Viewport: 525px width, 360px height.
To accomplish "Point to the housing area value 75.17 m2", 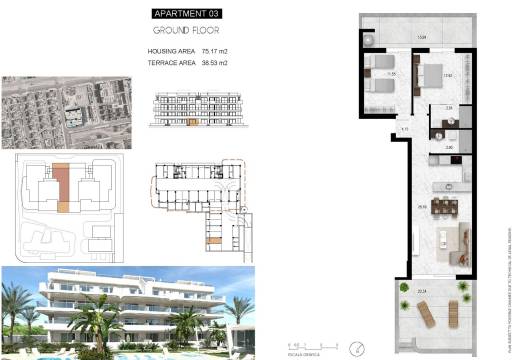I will pos(215,50).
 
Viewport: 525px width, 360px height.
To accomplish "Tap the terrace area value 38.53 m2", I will pos(215,62).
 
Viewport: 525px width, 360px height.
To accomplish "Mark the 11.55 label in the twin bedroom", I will pos(393,73).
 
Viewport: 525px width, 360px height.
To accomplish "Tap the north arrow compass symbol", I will pos(356,347).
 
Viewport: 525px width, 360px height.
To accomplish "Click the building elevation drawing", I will pos(198,111).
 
